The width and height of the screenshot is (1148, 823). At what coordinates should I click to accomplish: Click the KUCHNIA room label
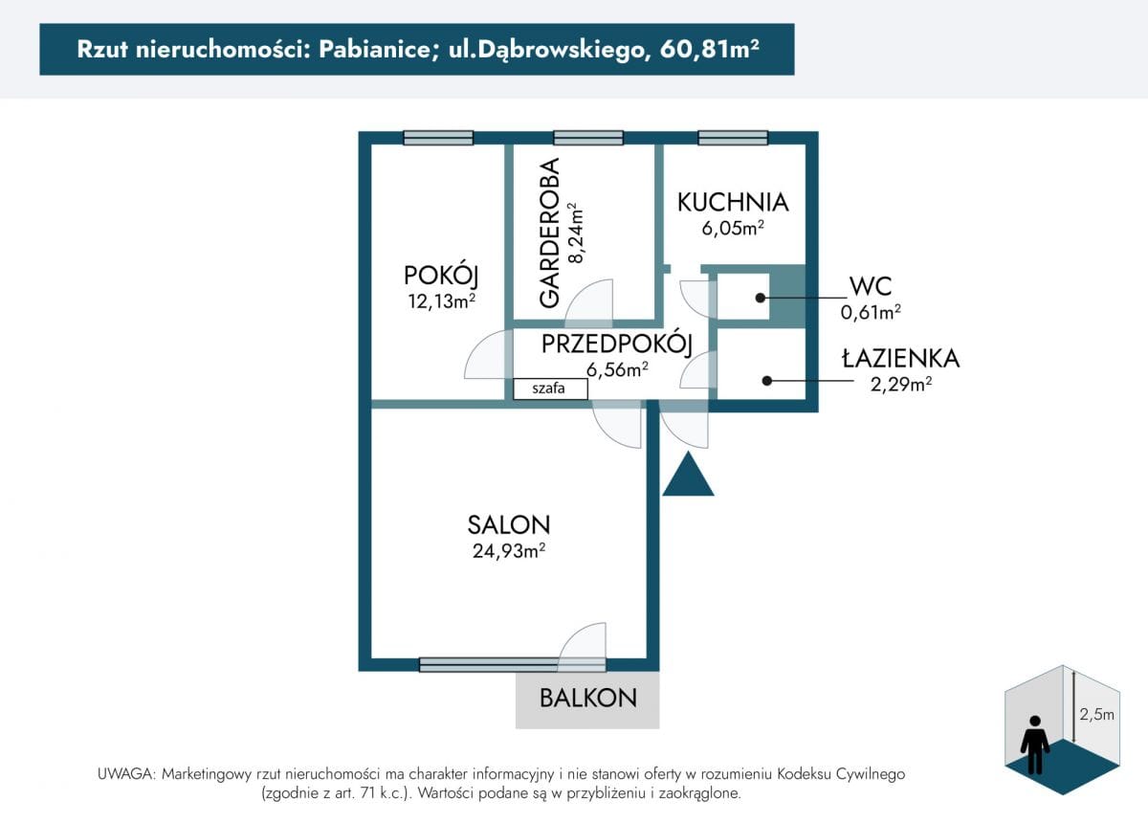[733, 202]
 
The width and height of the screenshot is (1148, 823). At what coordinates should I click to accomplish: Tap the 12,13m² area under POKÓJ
[441, 301]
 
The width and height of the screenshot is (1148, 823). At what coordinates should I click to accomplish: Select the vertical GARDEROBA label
[549, 233]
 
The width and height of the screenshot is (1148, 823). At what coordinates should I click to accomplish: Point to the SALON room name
[508, 524]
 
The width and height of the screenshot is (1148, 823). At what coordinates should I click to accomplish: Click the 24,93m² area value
[508, 550]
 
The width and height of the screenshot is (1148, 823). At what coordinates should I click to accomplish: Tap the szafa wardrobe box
[550, 389]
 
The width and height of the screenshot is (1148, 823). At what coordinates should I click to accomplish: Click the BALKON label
[587, 698]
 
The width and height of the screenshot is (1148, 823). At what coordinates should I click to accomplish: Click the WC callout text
[871, 286]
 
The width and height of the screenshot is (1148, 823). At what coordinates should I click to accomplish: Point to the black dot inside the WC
[760, 298]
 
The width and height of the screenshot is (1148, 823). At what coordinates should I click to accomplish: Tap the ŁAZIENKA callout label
[900, 358]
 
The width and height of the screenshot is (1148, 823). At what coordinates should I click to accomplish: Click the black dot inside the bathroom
[766, 381]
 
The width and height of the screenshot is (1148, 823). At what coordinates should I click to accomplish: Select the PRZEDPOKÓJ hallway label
[617, 345]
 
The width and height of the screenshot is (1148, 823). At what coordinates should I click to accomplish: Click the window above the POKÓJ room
[438, 138]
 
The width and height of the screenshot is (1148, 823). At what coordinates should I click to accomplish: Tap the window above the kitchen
[733, 138]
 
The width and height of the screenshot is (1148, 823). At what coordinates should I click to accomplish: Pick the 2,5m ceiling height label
[1096, 714]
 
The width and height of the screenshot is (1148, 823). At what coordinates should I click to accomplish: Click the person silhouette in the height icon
[1035, 745]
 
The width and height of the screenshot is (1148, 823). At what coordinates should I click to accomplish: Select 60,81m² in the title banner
[709, 49]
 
